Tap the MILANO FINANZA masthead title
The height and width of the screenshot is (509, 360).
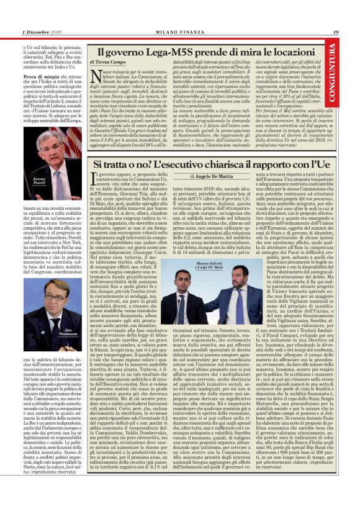tap(179, 32)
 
